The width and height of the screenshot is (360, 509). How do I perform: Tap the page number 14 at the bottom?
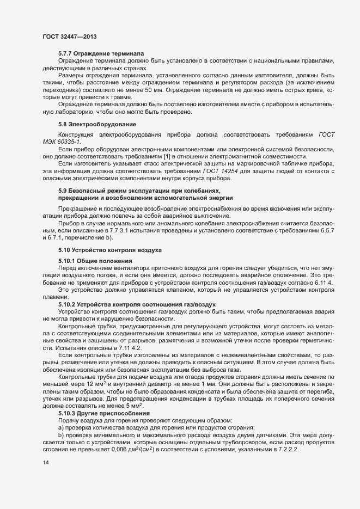(x=45, y=463)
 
